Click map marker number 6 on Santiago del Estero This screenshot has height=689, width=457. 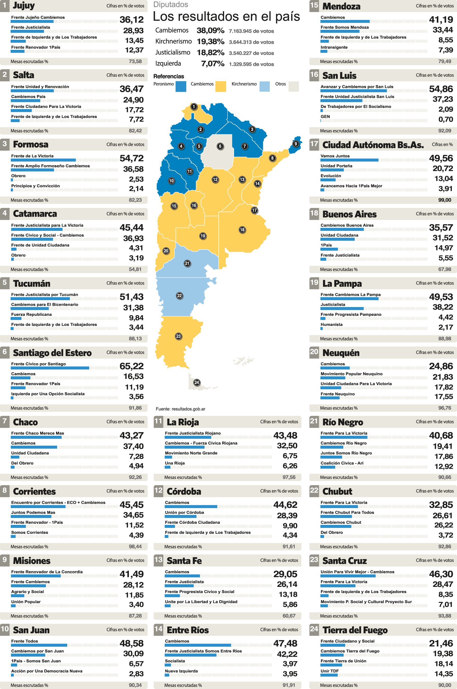tap(220, 146)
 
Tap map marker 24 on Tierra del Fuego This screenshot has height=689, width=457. tap(197, 382)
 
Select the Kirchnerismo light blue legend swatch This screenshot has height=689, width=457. tap(264, 87)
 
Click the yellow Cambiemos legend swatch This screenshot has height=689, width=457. tap(221, 87)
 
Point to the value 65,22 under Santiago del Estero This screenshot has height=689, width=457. tap(131, 366)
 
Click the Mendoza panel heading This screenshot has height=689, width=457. tap(341, 6)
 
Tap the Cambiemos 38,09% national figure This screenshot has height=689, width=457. tap(210, 31)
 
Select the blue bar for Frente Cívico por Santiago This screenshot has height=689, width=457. tap(50, 368)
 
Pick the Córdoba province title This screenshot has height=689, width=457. tap(184, 491)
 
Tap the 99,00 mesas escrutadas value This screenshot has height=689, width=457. tap(445, 200)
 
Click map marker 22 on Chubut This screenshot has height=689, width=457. tap(180, 296)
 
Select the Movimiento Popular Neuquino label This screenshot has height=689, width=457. tap(352, 374)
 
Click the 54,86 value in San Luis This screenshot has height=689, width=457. tap(441, 89)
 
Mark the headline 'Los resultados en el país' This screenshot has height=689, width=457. tap(226, 17)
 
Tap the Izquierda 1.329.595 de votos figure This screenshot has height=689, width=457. tap(251, 64)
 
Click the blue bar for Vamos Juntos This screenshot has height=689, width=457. tap(349, 160)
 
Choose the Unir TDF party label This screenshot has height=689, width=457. tap(329, 671)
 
